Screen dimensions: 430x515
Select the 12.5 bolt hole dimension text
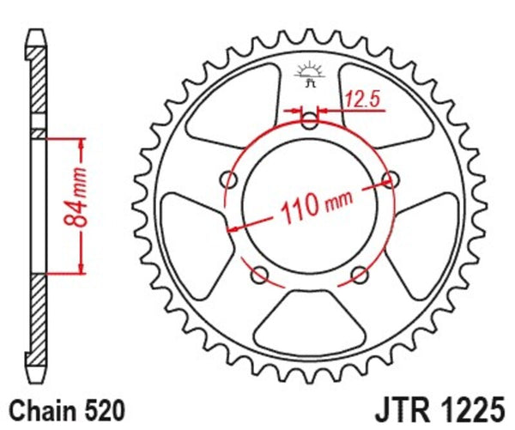[361, 100]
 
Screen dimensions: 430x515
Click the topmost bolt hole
[310, 121]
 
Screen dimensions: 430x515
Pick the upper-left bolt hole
[228, 179]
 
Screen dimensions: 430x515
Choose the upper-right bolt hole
[391, 179]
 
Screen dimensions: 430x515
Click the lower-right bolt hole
[359, 275]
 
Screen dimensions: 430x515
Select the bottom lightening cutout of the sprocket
[309, 322]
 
